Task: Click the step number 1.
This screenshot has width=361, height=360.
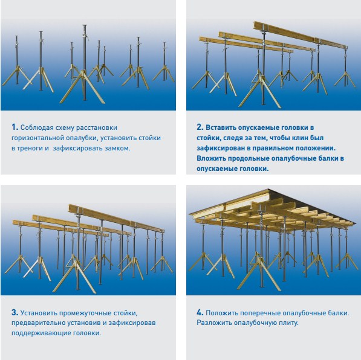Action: [15, 127]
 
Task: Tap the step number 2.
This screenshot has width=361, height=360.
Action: [200, 127]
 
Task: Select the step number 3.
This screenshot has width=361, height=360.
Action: [15, 312]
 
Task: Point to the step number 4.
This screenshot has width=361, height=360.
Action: [200, 312]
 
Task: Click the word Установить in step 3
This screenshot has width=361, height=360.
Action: [39, 313]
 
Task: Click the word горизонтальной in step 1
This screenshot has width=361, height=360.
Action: [37, 138]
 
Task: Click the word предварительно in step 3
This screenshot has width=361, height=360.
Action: [38, 323]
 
